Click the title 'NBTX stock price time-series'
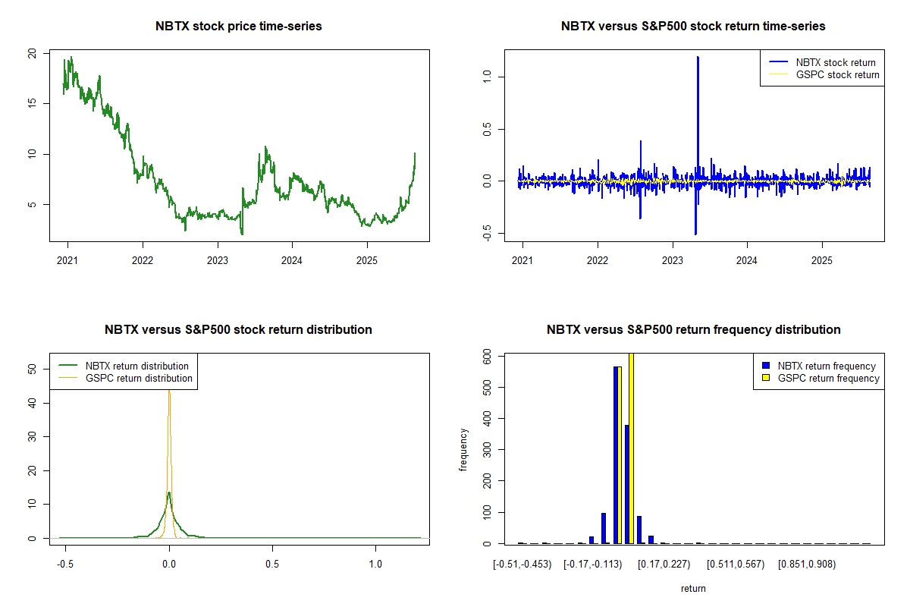coord(239,27)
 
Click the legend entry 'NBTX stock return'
coord(835,63)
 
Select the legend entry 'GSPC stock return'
coord(837,75)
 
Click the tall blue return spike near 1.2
coord(697,61)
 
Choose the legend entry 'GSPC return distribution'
coord(139,378)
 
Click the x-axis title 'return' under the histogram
coord(693,588)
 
